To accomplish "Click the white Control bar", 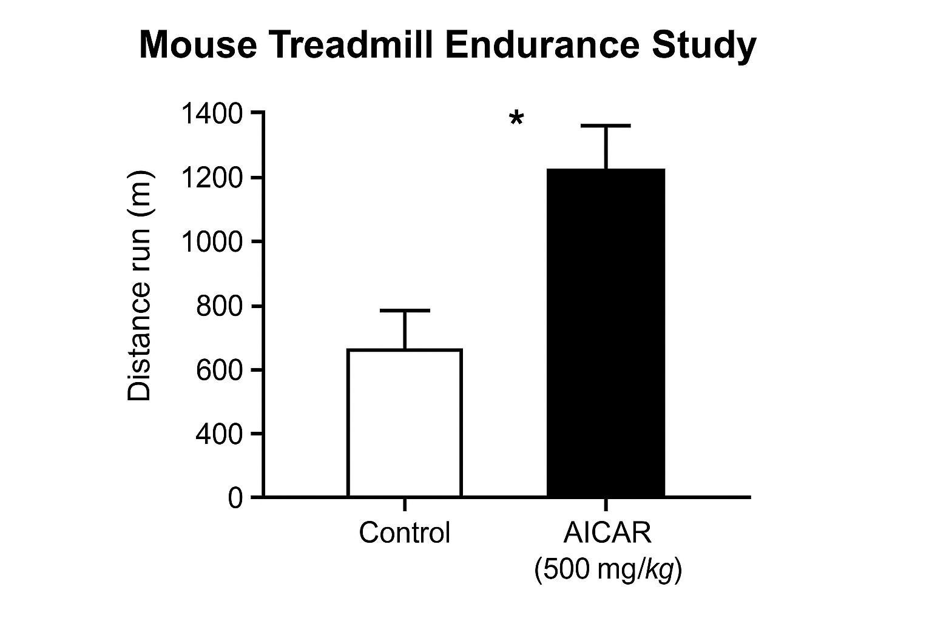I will coord(405,423).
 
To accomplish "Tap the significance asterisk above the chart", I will coord(516,119).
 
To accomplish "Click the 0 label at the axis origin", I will coord(235,498).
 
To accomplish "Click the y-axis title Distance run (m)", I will coord(140,285).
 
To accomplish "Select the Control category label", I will coord(405,533).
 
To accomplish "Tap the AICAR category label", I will coord(607,533).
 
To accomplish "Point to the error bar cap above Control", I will coord(405,310).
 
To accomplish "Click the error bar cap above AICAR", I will coord(606,126).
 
